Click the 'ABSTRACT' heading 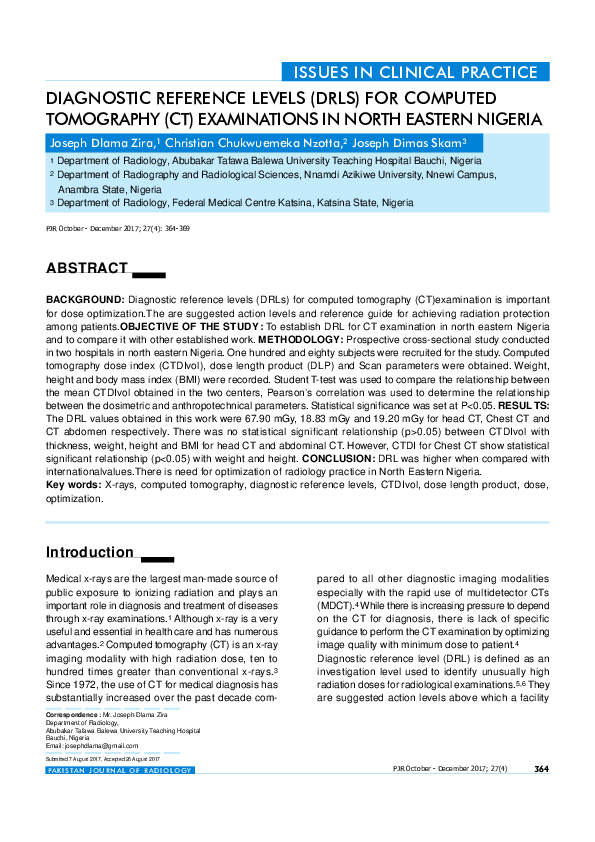[87, 268]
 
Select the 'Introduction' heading [90, 552]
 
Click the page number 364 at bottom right [542, 768]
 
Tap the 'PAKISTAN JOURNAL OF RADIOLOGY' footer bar [120, 770]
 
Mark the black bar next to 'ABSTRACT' [149, 273]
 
